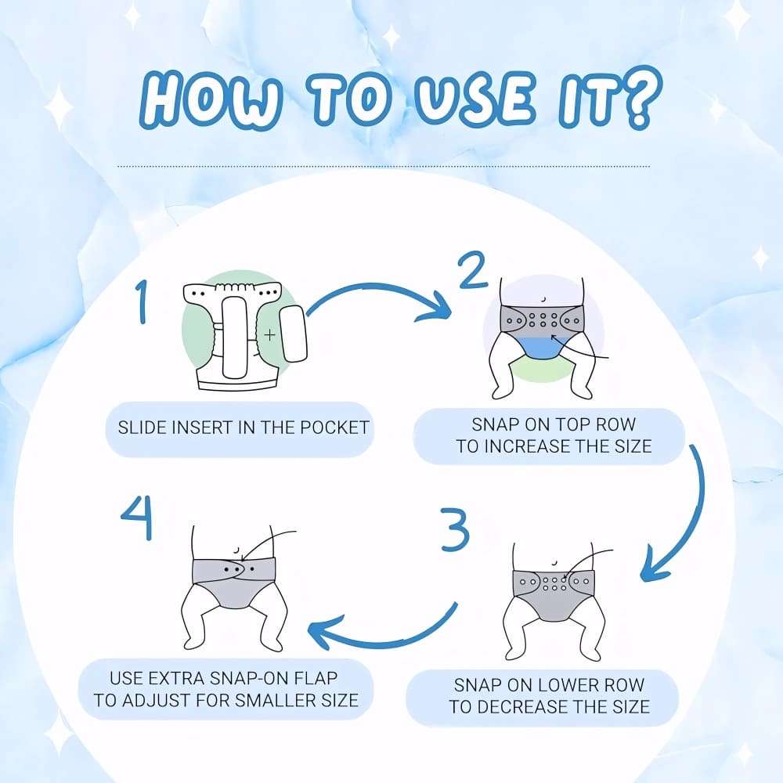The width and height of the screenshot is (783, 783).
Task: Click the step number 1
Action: coord(143,301)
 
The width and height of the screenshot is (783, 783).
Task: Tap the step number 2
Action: coord(472,270)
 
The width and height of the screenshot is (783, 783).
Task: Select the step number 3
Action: coord(456,529)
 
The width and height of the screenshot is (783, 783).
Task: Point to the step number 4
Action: coord(137,518)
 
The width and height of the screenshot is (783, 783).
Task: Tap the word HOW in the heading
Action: coord(210,99)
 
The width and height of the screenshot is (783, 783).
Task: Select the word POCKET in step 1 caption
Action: coord(334,428)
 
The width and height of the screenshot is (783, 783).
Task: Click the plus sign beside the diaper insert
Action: coord(269,334)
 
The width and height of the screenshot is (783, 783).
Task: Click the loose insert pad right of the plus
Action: coord(293,334)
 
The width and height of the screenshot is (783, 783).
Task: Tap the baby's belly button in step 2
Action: coord(543,300)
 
